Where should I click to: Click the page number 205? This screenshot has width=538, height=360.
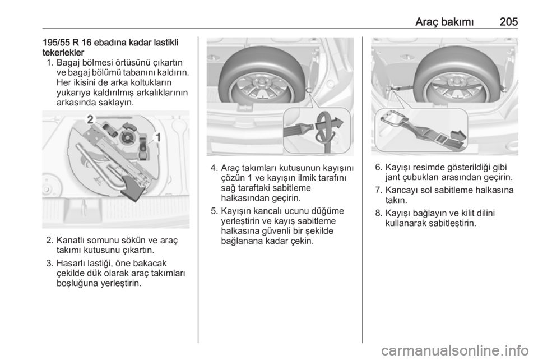[509, 22]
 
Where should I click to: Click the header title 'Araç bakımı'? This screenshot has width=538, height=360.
[444, 22]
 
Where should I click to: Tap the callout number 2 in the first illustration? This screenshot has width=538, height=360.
[90, 119]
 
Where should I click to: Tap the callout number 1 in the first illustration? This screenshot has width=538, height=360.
[157, 137]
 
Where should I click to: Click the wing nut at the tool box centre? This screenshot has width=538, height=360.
[127, 139]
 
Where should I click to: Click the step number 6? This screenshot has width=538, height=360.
[378, 168]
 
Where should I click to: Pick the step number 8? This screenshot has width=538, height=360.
[378, 214]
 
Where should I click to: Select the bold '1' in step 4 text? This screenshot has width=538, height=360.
[249, 178]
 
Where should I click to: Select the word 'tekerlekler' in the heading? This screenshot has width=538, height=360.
[63, 53]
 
